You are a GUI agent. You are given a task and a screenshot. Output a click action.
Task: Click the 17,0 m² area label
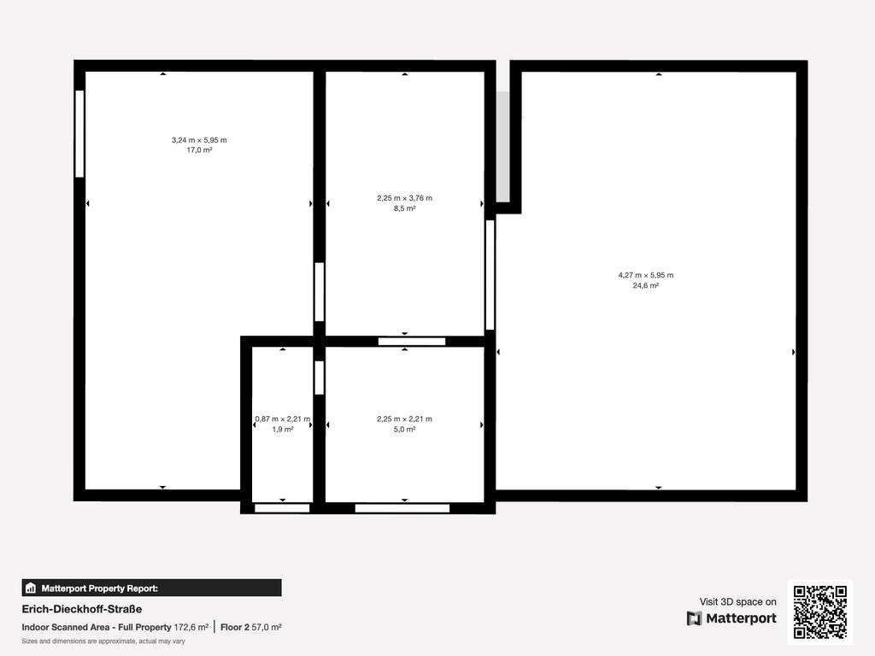point(199,150)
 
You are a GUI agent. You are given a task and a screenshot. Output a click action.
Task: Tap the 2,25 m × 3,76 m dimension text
point(404,198)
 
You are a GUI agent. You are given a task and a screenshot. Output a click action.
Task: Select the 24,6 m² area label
point(646,285)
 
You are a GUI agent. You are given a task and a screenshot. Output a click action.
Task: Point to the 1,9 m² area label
point(283,430)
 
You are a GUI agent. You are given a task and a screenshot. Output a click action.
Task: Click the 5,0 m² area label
point(404,430)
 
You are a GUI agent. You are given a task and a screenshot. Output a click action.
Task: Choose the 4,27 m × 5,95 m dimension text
point(646,275)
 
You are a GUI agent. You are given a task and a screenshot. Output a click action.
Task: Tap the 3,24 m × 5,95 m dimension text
point(199,140)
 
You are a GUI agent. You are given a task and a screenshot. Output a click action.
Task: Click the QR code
point(820,612)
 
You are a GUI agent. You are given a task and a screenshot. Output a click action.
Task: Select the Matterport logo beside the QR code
point(731,618)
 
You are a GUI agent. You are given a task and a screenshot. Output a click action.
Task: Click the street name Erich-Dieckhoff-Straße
point(82,609)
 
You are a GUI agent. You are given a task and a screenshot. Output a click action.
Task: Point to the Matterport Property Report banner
point(152,588)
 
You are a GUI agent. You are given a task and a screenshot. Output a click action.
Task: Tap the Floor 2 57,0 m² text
point(251,627)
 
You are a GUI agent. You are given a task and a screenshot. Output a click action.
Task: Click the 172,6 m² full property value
point(191,627)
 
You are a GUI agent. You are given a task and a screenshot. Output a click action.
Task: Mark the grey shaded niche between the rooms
point(502,147)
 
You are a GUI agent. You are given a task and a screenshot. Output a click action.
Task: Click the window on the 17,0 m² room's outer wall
point(79,134)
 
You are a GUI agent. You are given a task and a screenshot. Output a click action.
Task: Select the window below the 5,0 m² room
point(402,508)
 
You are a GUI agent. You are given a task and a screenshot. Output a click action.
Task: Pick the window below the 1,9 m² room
point(282,508)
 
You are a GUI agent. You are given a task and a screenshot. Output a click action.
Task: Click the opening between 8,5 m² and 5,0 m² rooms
point(412,342)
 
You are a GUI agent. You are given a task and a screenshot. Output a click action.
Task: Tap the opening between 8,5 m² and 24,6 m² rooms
point(490,275)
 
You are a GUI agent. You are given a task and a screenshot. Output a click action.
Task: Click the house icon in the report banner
point(31,588)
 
